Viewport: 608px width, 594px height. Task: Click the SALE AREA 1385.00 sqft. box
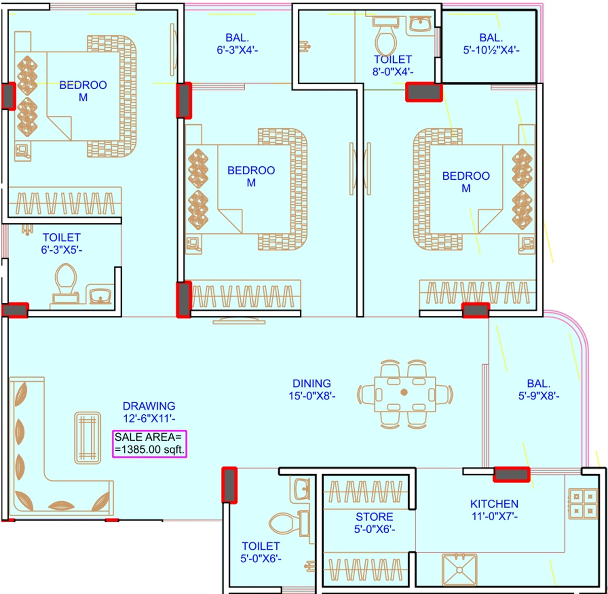coord(150,443)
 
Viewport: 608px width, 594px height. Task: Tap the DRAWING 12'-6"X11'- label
coord(149,411)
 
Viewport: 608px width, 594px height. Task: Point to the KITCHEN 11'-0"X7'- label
coord(494,509)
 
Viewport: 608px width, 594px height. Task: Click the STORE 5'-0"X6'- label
coord(374,523)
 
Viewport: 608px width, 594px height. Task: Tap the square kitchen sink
coord(460,570)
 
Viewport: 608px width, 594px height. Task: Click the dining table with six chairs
coord(405,393)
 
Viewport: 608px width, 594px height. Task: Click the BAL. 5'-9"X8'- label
coord(538,389)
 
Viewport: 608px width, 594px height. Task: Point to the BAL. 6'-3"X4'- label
coord(237,44)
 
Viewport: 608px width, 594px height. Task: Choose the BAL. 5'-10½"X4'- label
coord(491,44)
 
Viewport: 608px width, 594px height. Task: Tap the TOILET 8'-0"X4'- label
coord(393,65)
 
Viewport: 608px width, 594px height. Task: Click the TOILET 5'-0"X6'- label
coord(261,552)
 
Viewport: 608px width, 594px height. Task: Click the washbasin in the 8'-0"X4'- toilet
coord(419,24)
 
